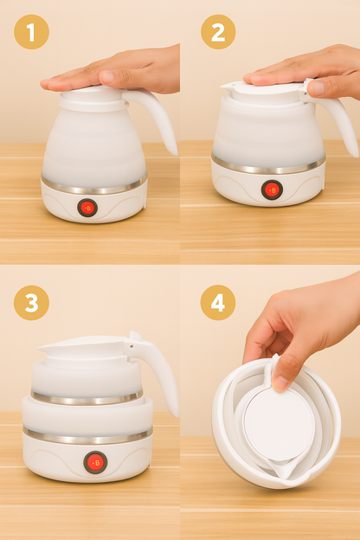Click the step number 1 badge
[x=31, y=32]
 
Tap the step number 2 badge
[x=218, y=32]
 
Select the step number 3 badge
[x=31, y=302]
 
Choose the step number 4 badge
[x=218, y=302]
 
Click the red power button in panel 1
[x=87, y=208]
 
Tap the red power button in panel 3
[x=94, y=462]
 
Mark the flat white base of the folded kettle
[x=279, y=423]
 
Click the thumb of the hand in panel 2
[x=317, y=87]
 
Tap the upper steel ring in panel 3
[x=87, y=398]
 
